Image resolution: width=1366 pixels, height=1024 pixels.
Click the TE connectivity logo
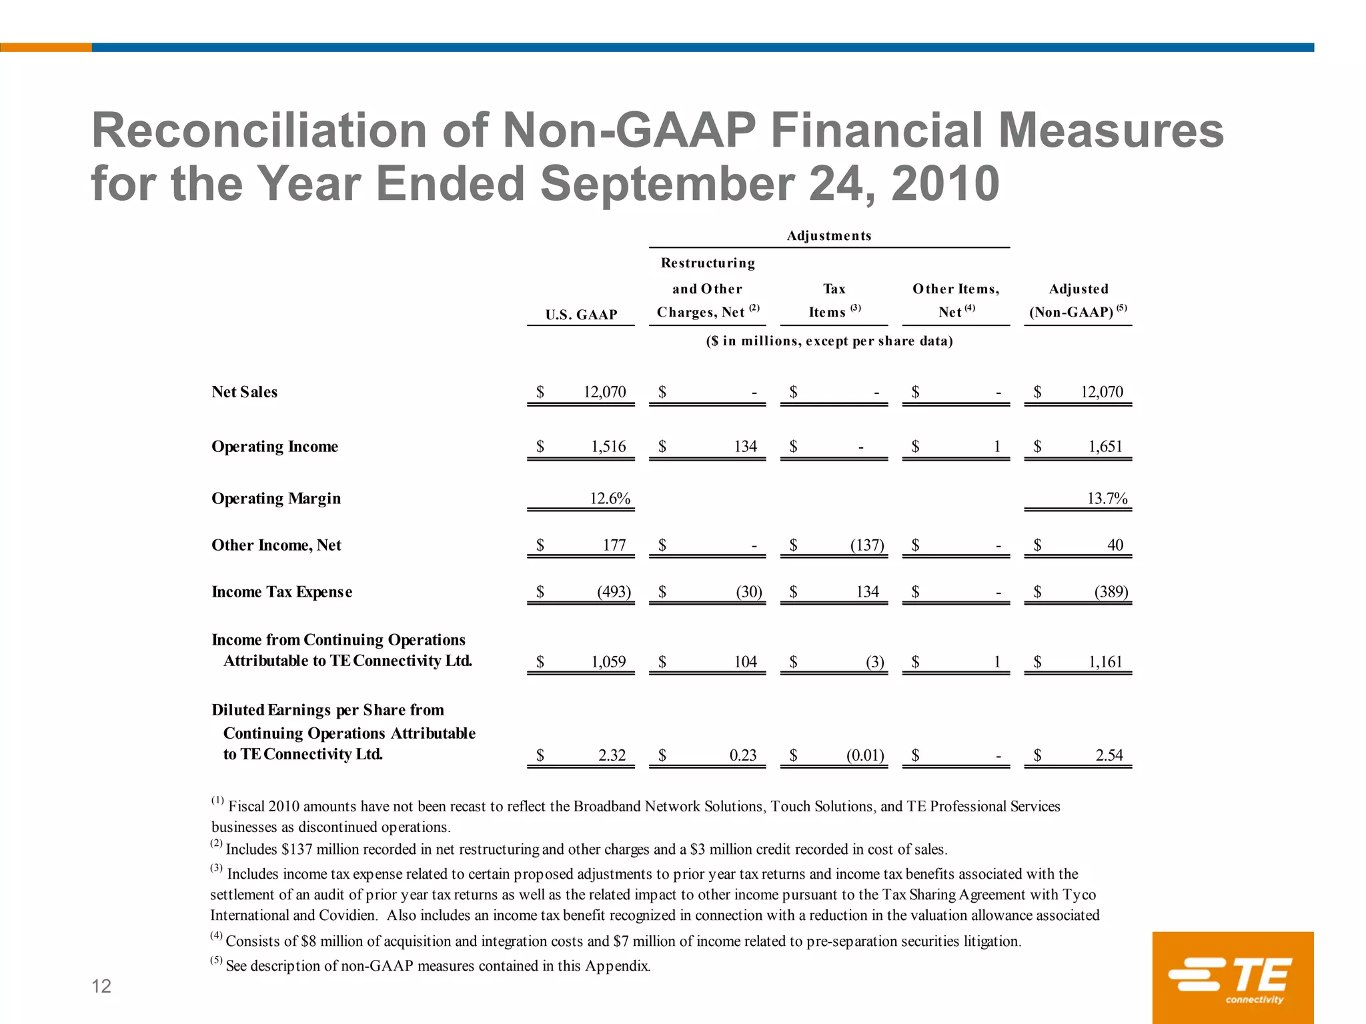(1233, 978)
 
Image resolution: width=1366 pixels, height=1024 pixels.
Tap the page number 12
(101, 987)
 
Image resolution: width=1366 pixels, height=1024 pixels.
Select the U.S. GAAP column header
(581, 315)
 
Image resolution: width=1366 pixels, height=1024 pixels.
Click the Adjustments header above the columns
(829, 236)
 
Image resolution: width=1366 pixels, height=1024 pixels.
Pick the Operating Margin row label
(276, 499)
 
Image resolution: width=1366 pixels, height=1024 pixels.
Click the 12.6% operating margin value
(610, 499)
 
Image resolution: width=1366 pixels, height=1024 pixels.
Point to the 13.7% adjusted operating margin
(1107, 499)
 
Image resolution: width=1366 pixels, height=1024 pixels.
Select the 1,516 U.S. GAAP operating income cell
(608, 447)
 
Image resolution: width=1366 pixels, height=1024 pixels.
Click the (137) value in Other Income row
(867, 545)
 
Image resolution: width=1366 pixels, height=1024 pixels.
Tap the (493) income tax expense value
(614, 592)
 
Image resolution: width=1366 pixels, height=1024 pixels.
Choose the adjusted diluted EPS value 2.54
(1109, 755)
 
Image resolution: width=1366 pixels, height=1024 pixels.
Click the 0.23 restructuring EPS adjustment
(743, 755)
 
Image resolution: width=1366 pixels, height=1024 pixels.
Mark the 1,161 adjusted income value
(1106, 662)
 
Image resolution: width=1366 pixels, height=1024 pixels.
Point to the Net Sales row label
(245, 392)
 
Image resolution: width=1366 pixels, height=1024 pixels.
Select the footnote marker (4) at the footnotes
(217, 936)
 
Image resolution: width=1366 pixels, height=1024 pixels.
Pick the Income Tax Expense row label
(281, 592)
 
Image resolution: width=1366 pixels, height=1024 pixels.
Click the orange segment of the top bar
(45, 47)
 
